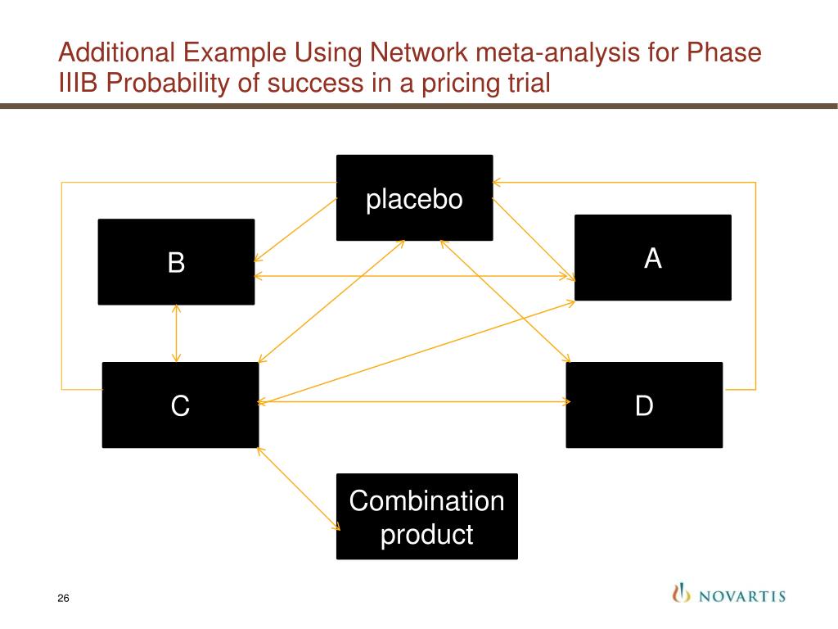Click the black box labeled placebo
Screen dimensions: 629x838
tap(414, 198)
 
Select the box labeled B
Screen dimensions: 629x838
tap(176, 262)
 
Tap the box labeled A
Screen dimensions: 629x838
tap(652, 258)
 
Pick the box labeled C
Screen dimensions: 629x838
tap(180, 405)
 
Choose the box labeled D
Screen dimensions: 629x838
tap(644, 405)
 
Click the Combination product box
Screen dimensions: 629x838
tap(426, 517)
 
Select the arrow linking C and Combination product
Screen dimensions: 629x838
tap(299, 488)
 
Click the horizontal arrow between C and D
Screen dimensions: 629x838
tap(413, 402)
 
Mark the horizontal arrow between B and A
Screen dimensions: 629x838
tap(413, 277)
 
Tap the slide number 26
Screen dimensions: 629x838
tap(63, 599)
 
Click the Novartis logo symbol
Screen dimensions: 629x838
tap(678, 593)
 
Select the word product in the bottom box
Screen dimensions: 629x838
tap(427, 535)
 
